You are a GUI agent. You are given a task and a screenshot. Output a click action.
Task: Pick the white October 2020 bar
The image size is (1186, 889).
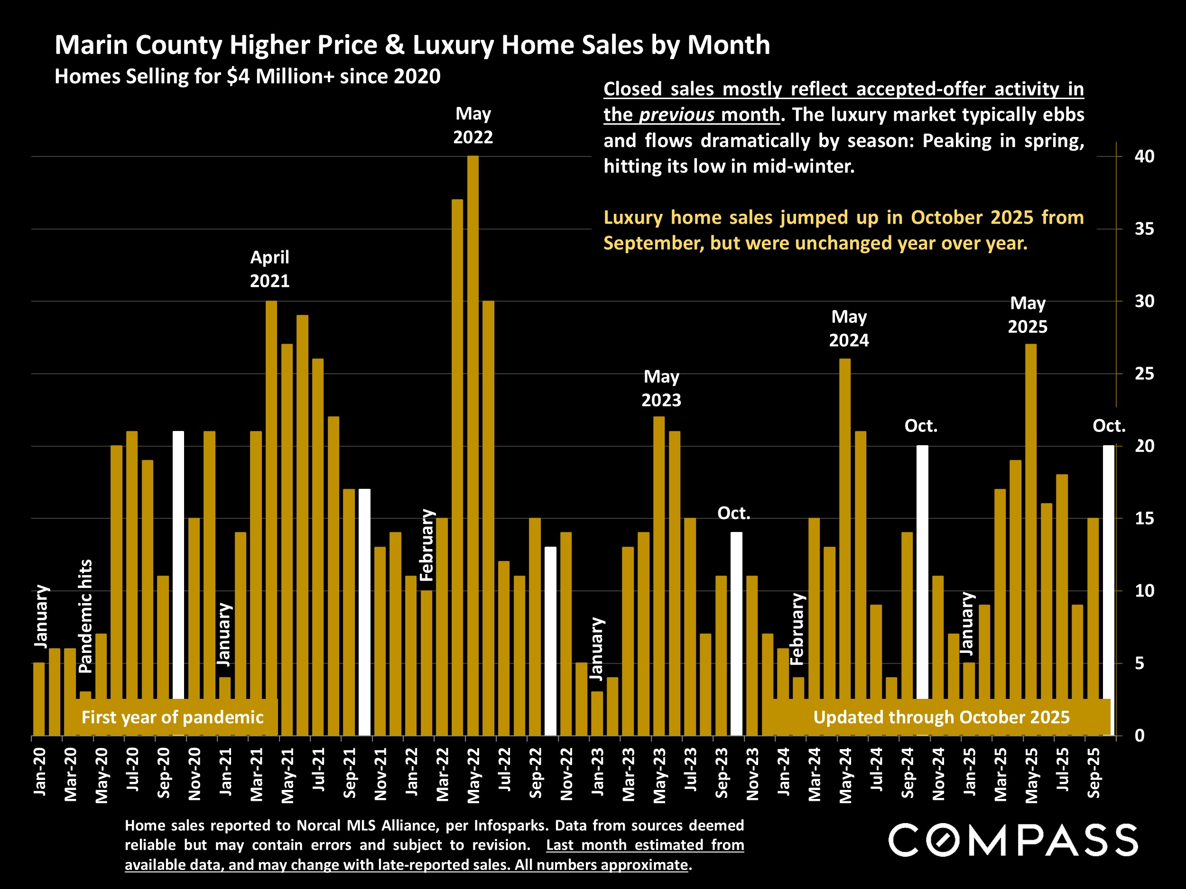[x=178, y=563]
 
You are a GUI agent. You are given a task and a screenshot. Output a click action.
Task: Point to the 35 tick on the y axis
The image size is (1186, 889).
[x=1144, y=229]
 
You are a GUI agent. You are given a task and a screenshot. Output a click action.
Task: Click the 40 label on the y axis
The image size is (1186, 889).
[x=1144, y=156]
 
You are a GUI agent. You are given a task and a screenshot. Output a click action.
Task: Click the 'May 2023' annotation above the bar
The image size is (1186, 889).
[x=661, y=388]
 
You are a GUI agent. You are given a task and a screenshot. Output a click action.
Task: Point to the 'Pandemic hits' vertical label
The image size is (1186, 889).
[x=86, y=616]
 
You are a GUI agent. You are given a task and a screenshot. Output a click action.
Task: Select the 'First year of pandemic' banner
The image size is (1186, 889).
[x=172, y=717]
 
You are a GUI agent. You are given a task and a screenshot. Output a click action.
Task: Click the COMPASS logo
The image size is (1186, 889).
[x=1013, y=840]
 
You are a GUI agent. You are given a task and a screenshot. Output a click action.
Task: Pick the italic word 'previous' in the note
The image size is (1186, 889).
[x=676, y=115]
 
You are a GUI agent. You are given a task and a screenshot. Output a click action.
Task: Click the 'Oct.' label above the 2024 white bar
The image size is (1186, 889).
[x=921, y=426]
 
